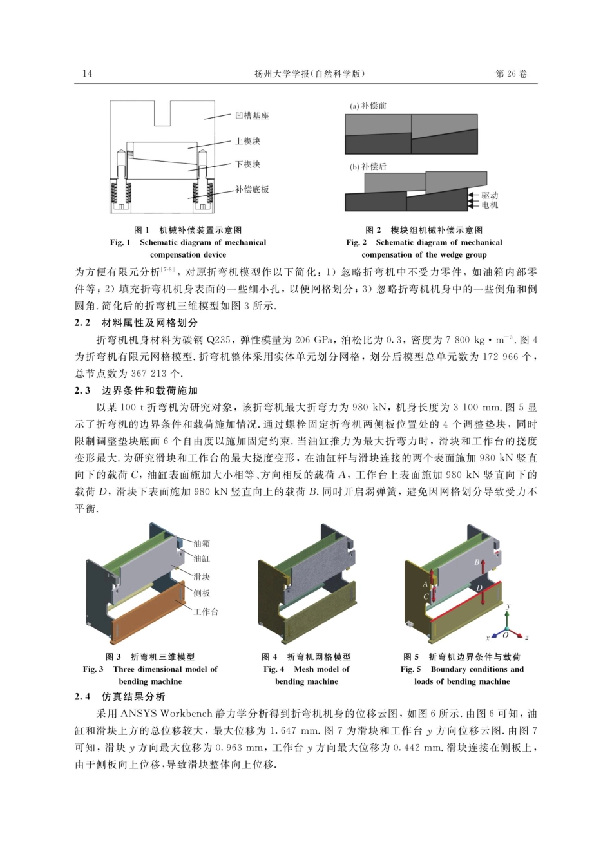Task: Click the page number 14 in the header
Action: coord(88,74)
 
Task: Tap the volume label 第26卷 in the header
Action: coord(512,74)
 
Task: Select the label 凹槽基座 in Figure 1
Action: coord(252,116)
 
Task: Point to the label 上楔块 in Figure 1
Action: coord(247,141)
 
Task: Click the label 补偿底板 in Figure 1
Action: coord(252,190)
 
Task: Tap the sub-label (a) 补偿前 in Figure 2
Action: coord(368,106)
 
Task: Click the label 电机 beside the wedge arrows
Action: coord(490,205)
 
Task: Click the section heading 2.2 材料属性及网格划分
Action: coord(137,323)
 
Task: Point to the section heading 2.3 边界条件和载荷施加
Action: coord(137,390)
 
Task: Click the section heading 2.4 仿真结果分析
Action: coord(120,697)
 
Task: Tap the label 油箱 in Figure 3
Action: coord(202,544)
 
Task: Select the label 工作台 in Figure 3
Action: coord(206,611)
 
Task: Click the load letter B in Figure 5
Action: coord(477,562)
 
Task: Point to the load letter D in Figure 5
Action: coord(479,588)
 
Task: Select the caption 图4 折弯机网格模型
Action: coord(306,657)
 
